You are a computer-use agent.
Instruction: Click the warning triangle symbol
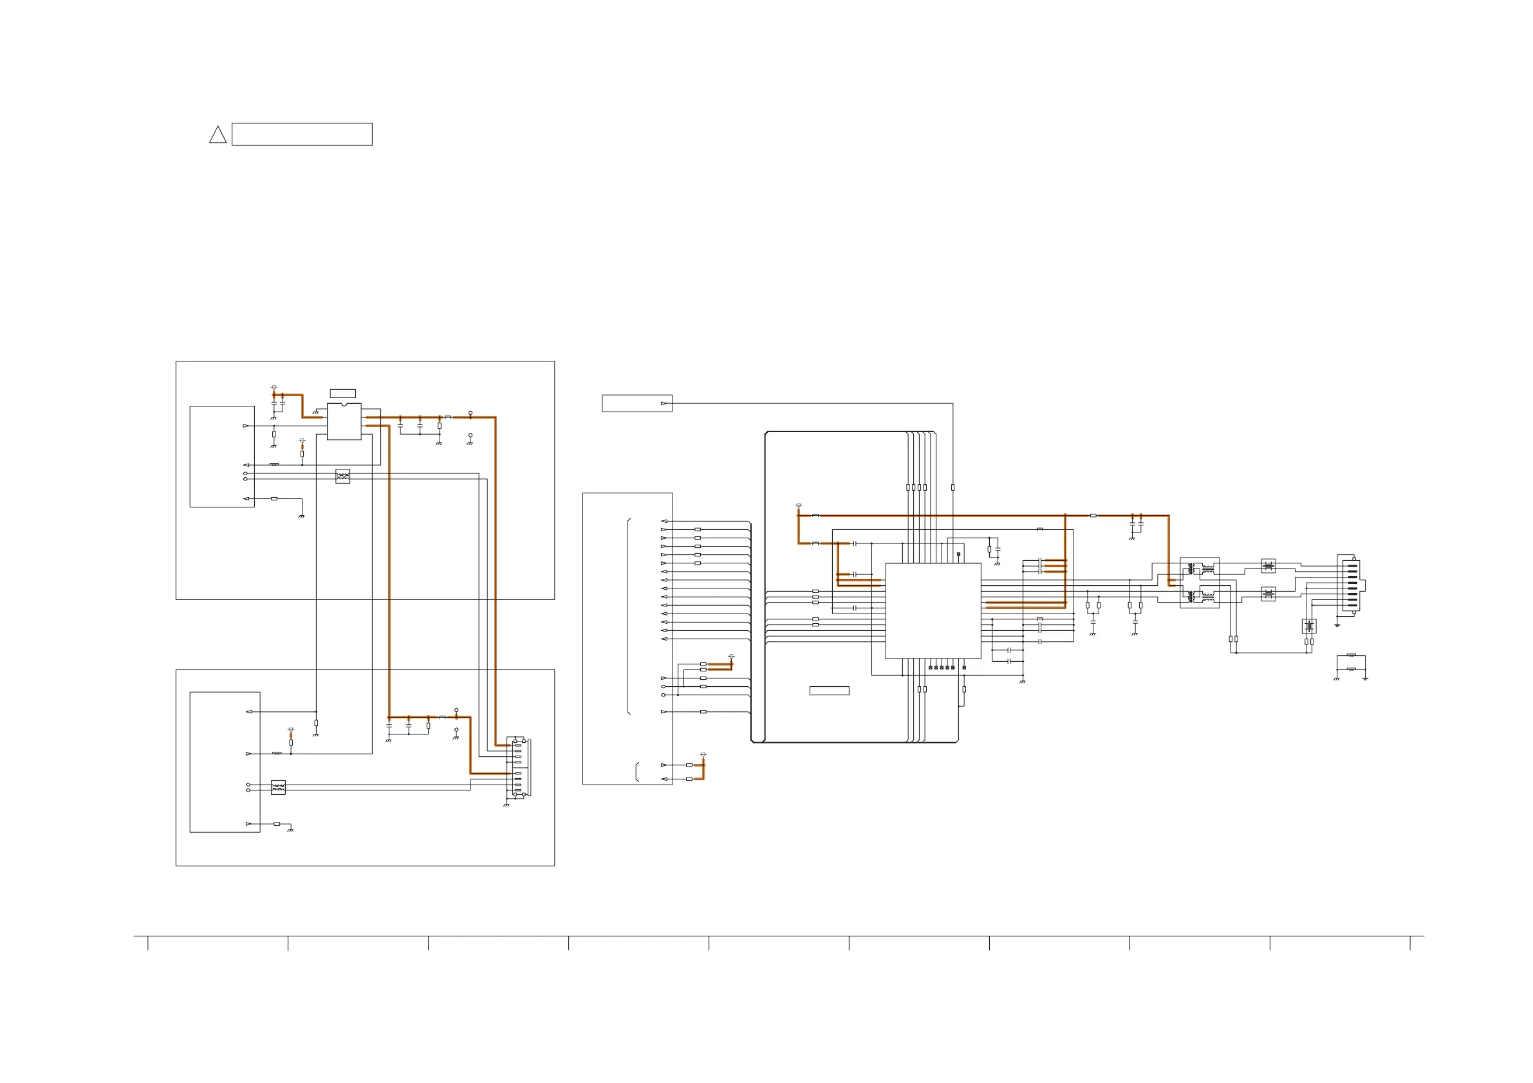[x=218, y=136]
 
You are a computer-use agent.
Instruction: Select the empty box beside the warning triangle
[x=302, y=134]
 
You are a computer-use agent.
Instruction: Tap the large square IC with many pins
[x=933, y=610]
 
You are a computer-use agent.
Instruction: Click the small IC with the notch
[x=344, y=421]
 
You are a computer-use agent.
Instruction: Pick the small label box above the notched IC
[x=342, y=394]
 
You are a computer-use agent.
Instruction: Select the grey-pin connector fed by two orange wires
[x=519, y=767]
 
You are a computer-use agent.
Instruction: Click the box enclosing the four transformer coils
[x=1199, y=583]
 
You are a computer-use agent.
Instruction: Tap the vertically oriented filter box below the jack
[x=1308, y=626]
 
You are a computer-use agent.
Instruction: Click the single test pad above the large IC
[x=958, y=554]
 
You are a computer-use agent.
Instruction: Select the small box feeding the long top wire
[x=636, y=403]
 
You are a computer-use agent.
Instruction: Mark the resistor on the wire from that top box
[x=952, y=487]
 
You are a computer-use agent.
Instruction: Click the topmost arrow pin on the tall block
[x=664, y=521]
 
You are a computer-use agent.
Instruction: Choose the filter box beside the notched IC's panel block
[x=342, y=476]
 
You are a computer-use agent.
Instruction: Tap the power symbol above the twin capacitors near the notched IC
[x=274, y=387]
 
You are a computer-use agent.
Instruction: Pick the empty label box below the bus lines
[x=828, y=691]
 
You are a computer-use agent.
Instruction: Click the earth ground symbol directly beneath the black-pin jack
[x=1337, y=625]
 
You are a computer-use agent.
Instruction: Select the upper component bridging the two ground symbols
[x=1351, y=655]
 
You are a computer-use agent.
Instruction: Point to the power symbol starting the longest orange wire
[x=799, y=505]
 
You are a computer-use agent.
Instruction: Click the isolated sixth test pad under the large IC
[x=964, y=668]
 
